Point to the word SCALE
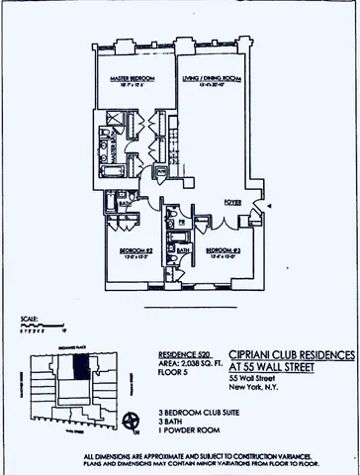(x=29, y=319)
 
